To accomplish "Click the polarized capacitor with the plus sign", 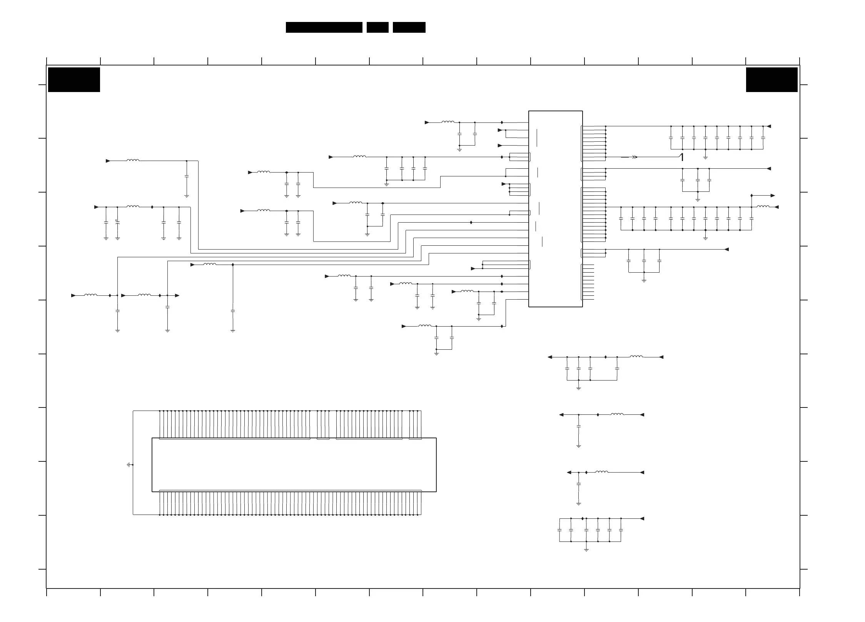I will [x=117, y=222].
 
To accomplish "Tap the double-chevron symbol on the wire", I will [x=635, y=157].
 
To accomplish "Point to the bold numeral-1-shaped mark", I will [x=682, y=157].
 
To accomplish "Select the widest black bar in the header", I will [x=324, y=27].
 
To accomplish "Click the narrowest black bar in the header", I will [x=377, y=27].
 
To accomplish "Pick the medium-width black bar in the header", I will [x=409, y=27].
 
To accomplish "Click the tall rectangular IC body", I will [x=555, y=209].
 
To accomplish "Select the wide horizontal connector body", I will [x=294, y=464].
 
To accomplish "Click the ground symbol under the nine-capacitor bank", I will [x=705, y=158].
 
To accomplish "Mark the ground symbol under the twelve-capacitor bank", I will [x=705, y=238].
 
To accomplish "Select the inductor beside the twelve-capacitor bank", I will [x=763, y=207].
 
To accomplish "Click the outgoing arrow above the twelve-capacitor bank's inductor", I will [x=772, y=196].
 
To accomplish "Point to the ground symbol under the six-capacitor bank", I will [x=586, y=550].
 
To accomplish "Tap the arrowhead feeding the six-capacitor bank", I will [x=642, y=519].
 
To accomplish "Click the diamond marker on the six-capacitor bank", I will [x=583, y=519].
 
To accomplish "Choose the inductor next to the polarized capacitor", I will [x=133, y=207].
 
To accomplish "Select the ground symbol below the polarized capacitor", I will [x=117, y=238].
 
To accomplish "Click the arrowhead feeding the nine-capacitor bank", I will [x=769, y=126].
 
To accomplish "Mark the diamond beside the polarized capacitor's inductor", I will [x=152, y=207].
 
